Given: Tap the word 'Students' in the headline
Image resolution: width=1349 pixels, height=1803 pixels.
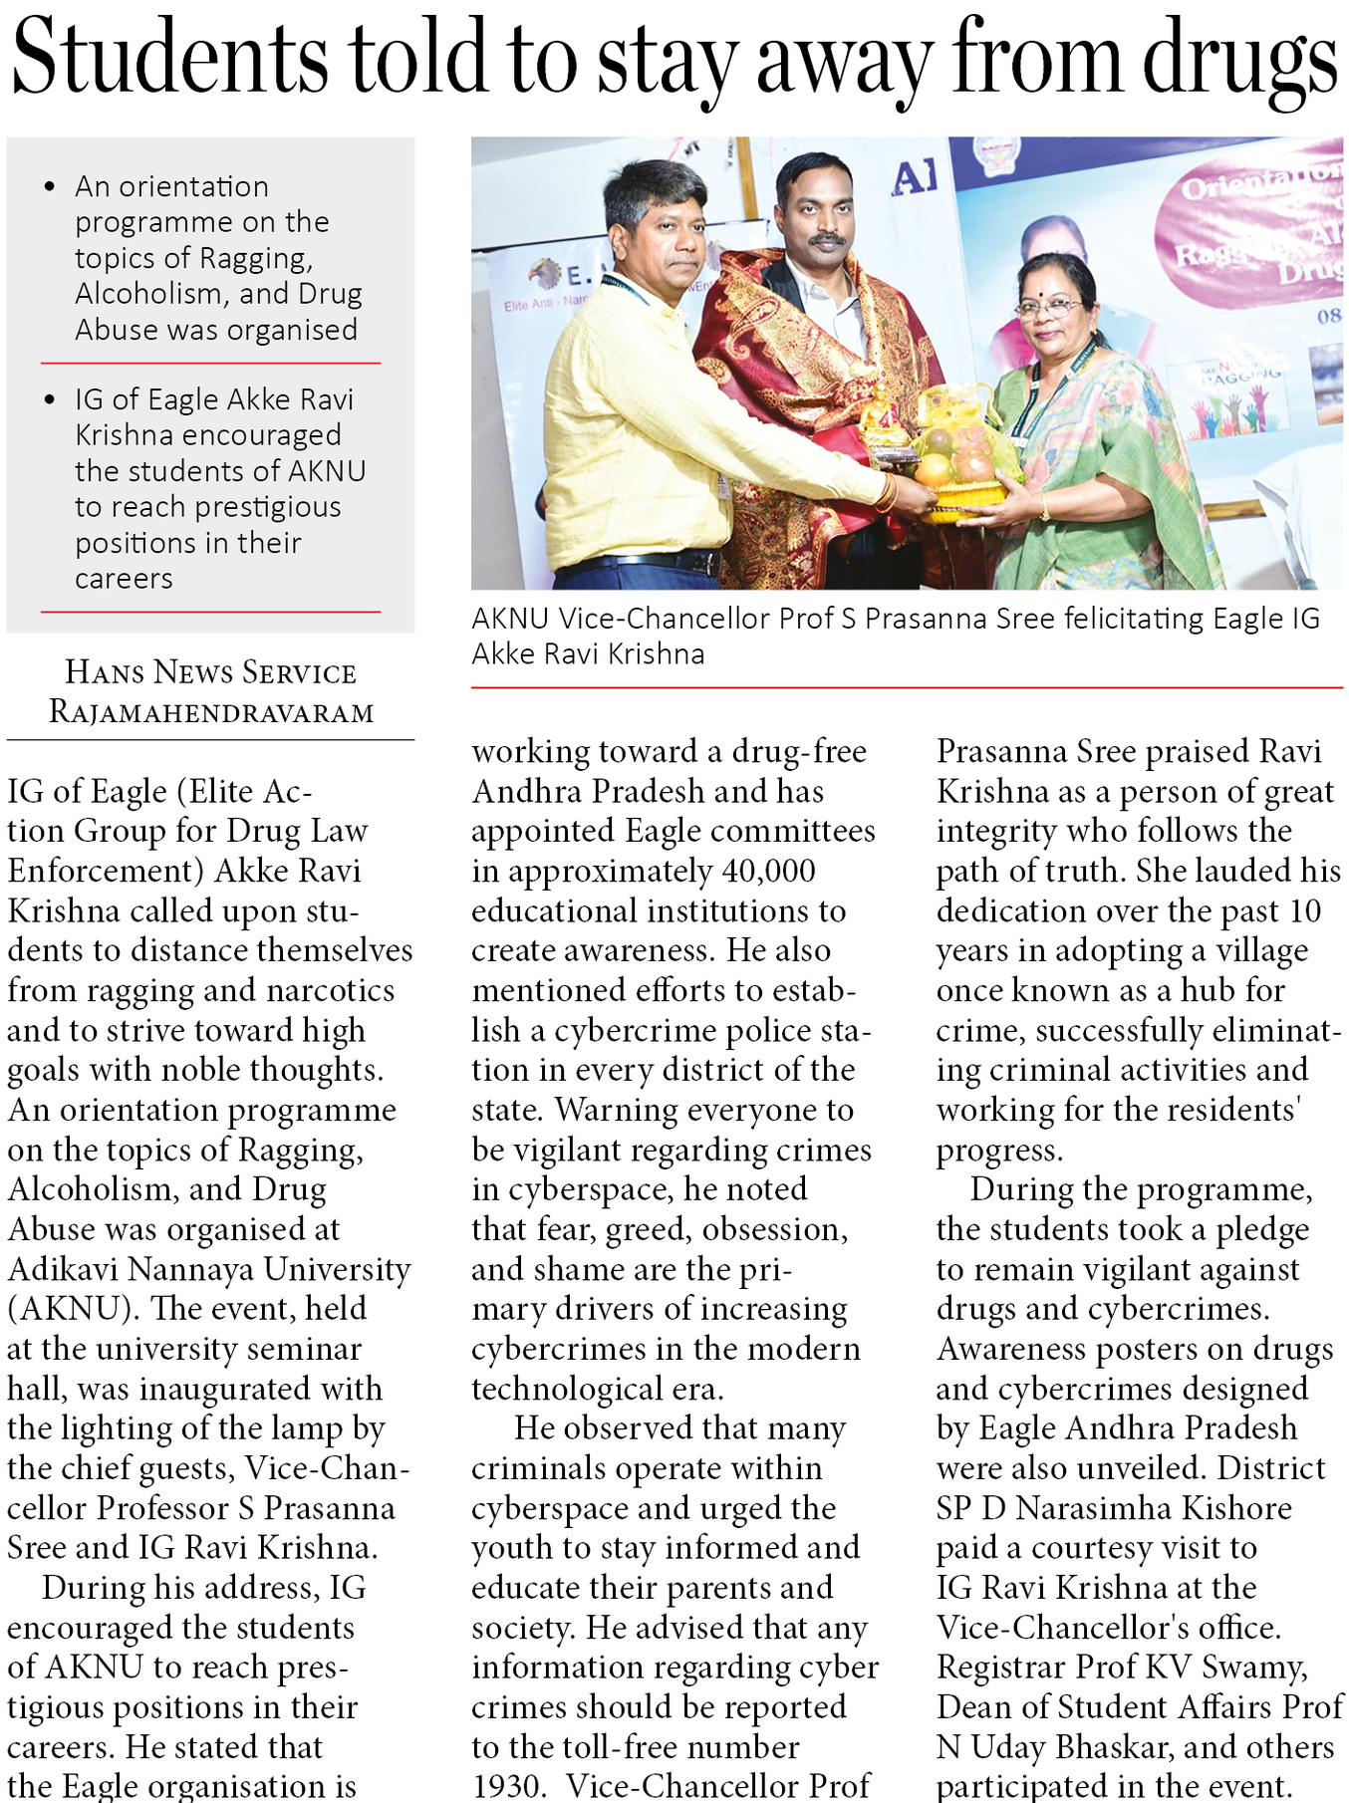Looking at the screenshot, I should point(169,58).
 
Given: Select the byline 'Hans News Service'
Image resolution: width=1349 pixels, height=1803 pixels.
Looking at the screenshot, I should point(210,672).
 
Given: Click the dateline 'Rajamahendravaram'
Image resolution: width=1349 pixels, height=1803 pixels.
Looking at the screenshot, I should point(211,712).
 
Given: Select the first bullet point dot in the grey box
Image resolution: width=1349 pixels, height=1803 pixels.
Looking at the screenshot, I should point(50,186).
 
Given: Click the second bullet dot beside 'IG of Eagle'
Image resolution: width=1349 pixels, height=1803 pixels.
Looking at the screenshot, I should point(50,399).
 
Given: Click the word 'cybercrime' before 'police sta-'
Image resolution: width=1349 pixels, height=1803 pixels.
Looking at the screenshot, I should point(639,1030).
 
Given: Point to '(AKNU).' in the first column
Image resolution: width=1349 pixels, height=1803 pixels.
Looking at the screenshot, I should point(73,1309).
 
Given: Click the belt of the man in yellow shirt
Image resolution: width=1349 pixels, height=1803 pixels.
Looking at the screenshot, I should point(638,562).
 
